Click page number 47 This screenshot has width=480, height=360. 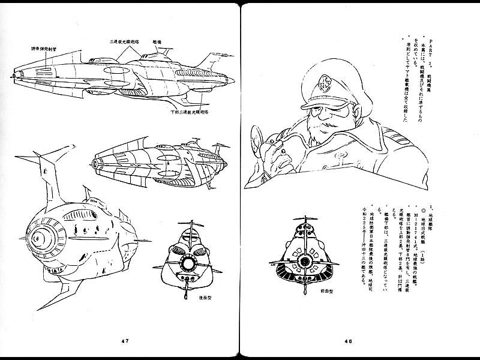click(x=125, y=341)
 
